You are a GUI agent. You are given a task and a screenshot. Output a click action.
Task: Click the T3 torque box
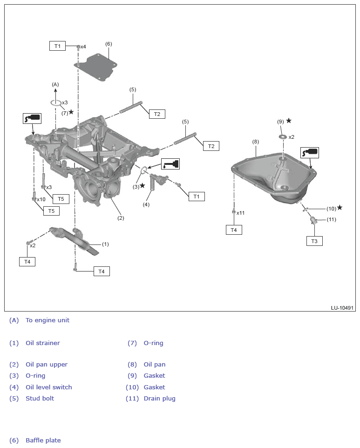[314, 241]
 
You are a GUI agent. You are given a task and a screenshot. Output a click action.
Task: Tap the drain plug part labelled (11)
[313, 220]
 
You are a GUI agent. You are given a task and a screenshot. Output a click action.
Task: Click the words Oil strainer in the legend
[43, 343]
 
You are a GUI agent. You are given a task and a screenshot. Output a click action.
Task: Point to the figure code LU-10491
[343, 308]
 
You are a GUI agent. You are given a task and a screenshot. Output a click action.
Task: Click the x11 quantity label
[240, 213]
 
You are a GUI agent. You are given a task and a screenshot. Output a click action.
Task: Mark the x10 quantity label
[41, 199]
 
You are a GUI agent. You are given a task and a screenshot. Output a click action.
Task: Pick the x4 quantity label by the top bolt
[83, 47]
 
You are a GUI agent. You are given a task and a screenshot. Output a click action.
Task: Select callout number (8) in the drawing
[255, 142]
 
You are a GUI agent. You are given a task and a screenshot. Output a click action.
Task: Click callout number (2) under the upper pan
[121, 217]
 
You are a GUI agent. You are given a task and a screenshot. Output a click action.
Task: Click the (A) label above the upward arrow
[55, 84]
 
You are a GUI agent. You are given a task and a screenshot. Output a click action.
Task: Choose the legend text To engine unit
[48, 320]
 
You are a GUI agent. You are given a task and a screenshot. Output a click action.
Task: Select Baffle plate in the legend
[43, 441]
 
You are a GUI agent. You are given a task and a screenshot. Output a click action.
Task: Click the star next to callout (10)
[340, 208]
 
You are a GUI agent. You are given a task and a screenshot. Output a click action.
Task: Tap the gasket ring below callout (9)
[283, 137]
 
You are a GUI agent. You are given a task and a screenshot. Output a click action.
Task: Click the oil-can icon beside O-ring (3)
[170, 163]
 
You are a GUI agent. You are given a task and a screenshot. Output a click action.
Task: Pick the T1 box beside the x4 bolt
[57, 46]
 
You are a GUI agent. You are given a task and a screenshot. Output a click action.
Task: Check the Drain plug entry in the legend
[160, 399]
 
